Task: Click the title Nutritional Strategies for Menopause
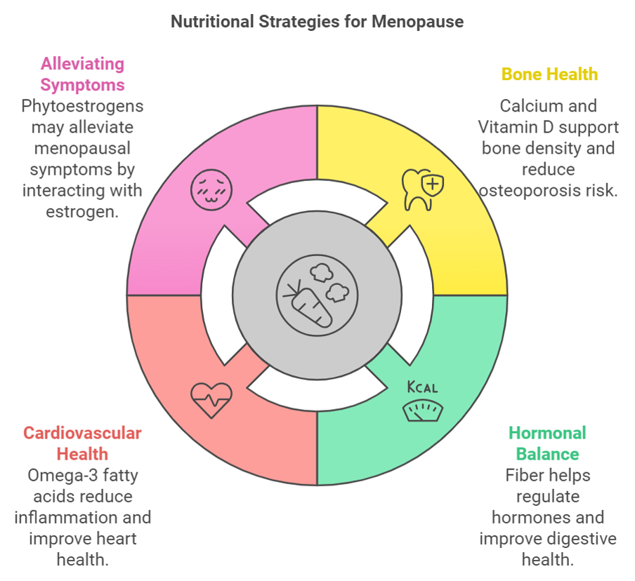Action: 317,22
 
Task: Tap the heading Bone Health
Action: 549,74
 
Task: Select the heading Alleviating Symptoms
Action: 82,74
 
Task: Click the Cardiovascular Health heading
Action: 82,443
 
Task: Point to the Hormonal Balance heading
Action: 548,443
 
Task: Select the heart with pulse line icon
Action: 211,399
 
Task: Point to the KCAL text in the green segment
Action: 423,387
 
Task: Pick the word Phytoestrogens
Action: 82,106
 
